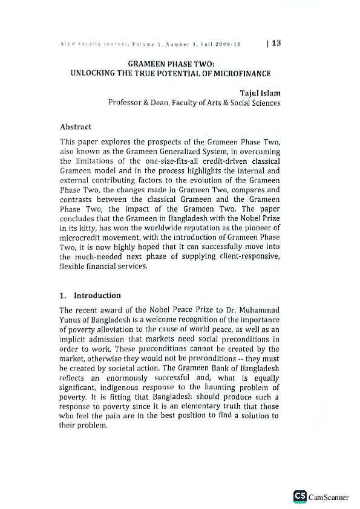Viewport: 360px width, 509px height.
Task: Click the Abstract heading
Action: (76, 127)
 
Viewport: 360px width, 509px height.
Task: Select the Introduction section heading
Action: (97, 296)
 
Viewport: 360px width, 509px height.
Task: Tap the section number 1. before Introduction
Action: (64, 296)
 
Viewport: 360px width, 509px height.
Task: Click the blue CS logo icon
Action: (299, 496)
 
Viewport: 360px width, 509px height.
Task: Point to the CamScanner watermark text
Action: (329, 497)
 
